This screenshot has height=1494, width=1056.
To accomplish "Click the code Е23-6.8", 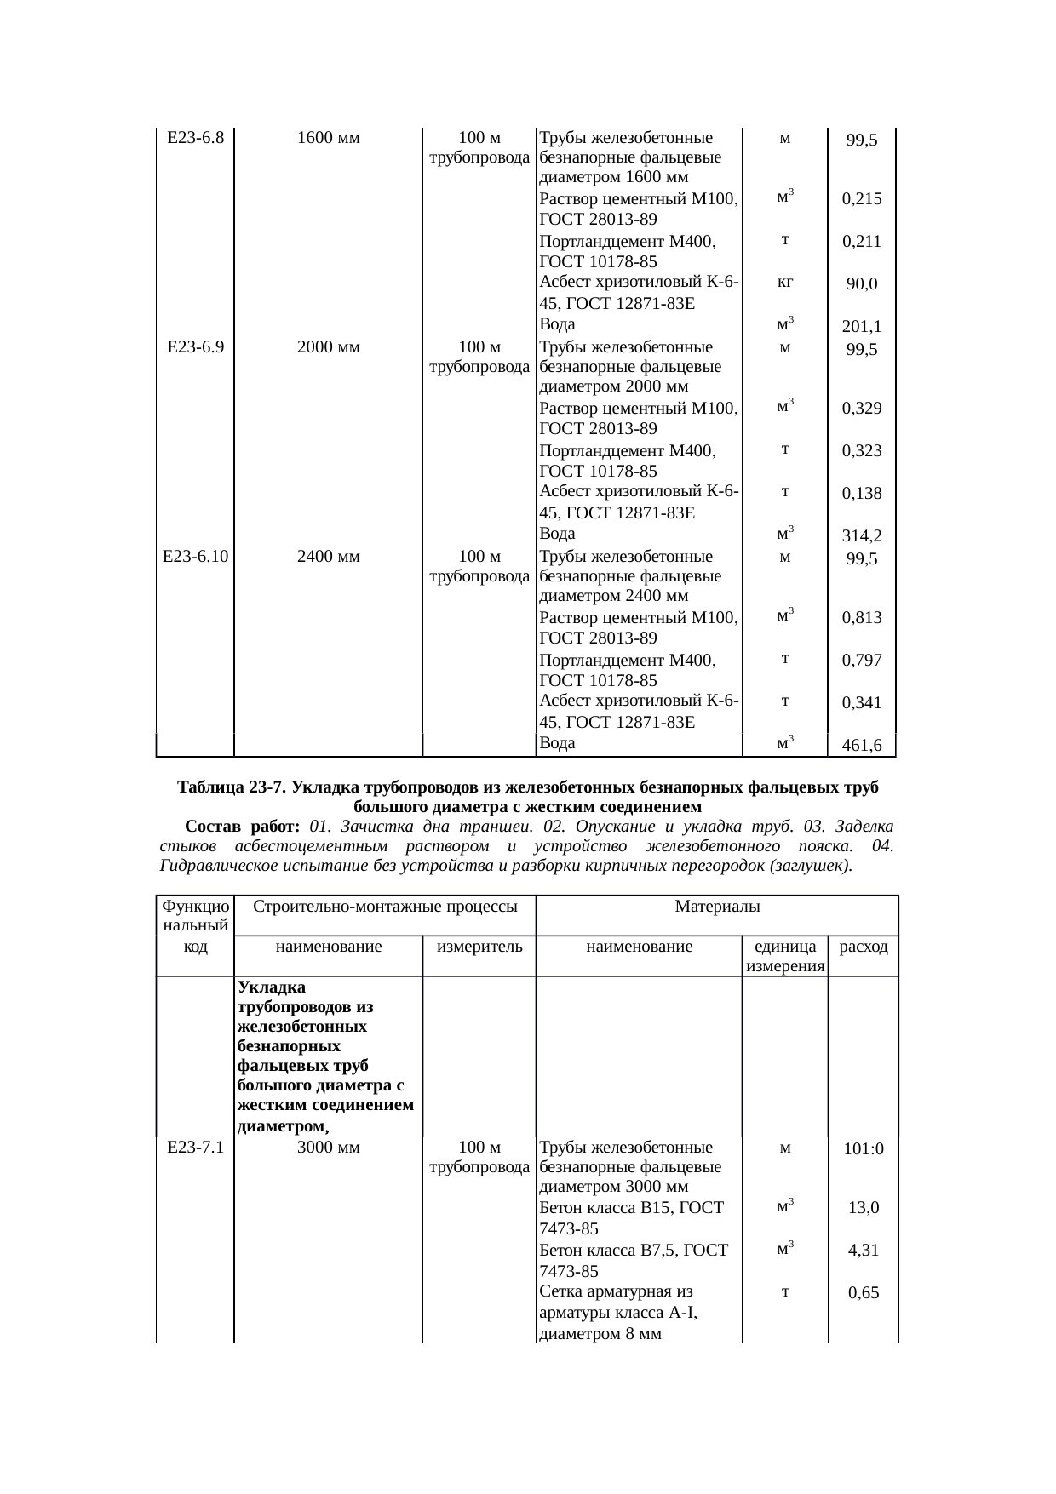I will click(x=196, y=137).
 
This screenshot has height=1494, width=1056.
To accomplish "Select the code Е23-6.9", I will click(x=196, y=347).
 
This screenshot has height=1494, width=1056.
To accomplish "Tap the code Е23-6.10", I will click(x=196, y=557).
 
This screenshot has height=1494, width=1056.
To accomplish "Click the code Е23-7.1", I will click(x=196, y=1147).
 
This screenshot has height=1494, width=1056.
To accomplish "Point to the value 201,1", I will click(x=862, y=327).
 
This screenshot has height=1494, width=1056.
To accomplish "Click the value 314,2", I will click(x=862, y=536).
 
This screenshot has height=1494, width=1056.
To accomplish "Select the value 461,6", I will click(x=862, y=747).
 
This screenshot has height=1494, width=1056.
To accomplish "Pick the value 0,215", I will click(x=862, y=199).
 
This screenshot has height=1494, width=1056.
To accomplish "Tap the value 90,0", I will click(x=862, y=284).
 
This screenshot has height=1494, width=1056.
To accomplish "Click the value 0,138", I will click(x=862, y=494).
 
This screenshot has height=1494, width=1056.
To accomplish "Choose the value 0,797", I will click(x=862, y=661).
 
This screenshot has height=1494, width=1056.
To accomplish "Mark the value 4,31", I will click(x=864, y=1251).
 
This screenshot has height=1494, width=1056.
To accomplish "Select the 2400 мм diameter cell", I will click(x=329, y=557).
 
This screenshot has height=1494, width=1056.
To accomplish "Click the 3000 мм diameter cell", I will click(x=329, y=1147).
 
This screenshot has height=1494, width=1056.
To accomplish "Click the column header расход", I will click(x=864, y=947).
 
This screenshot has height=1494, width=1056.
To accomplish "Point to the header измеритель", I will click(x=479, y=946).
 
